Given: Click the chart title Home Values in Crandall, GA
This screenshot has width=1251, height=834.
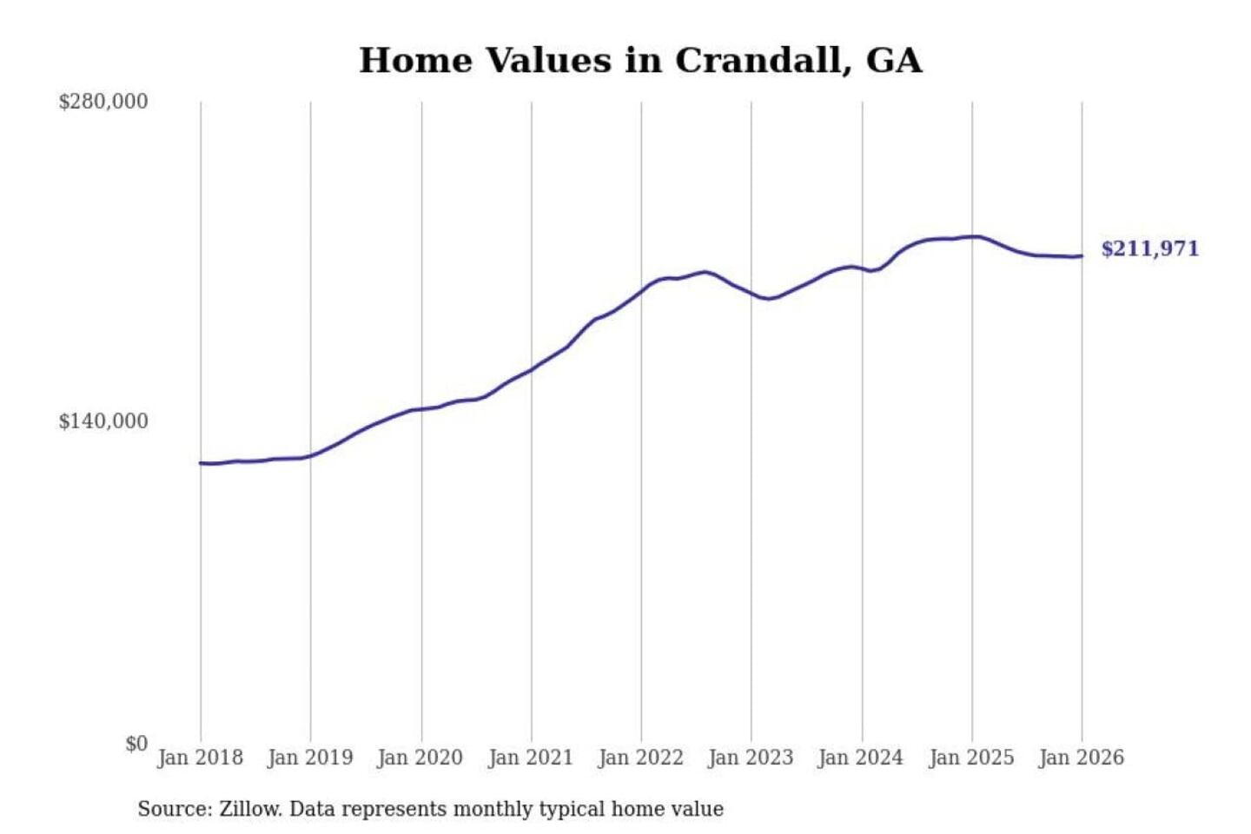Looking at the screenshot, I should click(640, 61).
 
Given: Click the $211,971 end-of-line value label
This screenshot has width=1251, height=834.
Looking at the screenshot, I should click(1149, 249).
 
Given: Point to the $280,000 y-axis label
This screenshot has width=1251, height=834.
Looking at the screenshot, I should click(103, 102).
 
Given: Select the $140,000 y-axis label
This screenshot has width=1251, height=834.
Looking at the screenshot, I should click(103, 421).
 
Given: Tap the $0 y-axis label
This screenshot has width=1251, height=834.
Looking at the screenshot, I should click(136, 744).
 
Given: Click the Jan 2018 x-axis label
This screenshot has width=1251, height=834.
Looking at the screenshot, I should click(200, 758).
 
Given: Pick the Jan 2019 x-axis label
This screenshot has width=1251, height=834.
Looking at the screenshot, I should click(310, 758).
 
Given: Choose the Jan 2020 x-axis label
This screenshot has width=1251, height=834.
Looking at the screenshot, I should click(420, 758).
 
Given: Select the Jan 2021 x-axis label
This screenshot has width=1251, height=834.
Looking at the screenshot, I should click(531, 758).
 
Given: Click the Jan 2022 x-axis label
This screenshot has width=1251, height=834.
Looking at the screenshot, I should click(641, 758).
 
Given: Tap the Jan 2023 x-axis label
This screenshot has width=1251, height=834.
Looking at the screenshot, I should click(751, 758).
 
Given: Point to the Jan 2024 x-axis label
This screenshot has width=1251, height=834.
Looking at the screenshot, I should click(861, 758).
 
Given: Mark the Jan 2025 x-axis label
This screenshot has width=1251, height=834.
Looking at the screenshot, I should click(971, 758).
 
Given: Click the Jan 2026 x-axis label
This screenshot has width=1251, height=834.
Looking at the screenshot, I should click(1082, 758).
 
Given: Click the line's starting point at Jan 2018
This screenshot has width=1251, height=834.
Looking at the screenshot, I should click(201, 463).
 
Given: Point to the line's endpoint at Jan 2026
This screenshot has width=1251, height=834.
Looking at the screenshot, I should click(1082, 255).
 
